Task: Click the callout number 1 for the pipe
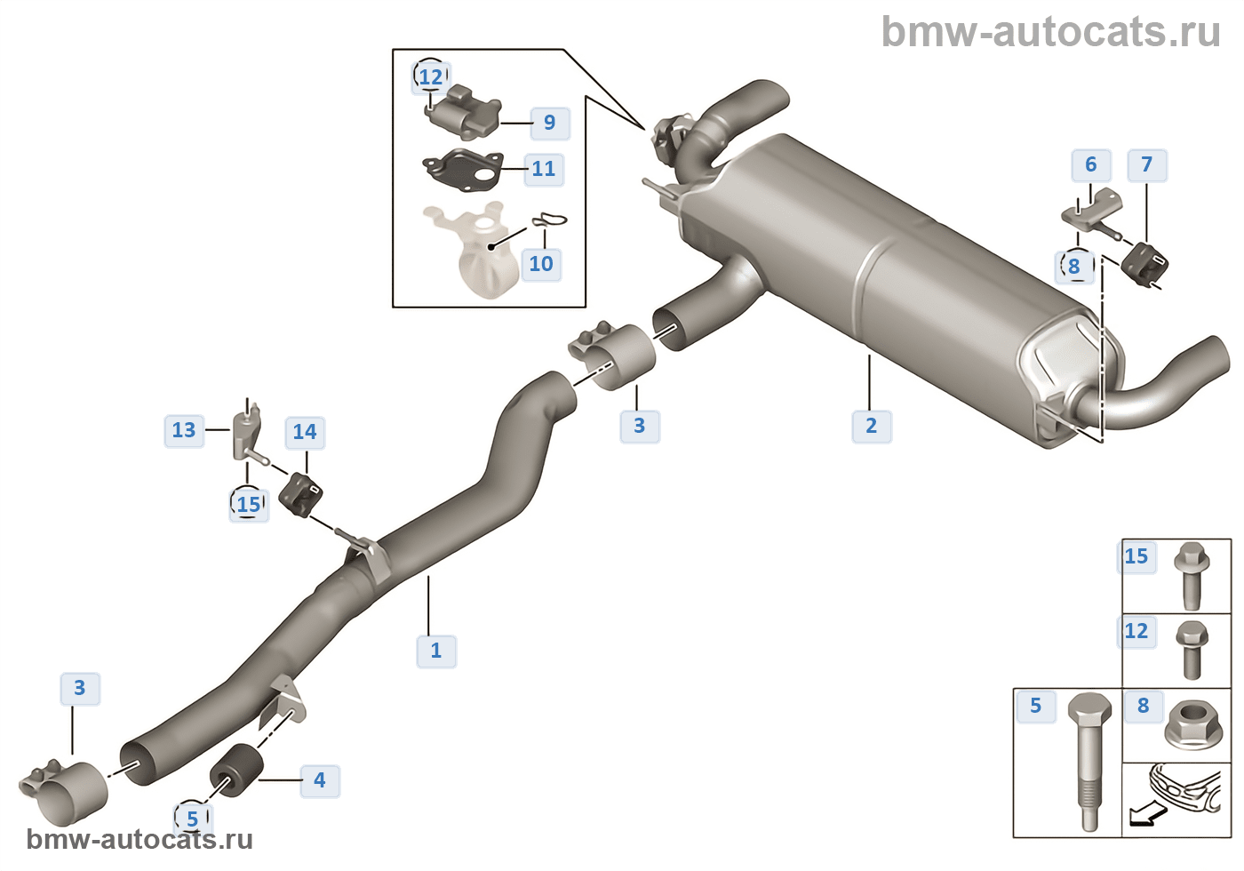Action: pos(436,651)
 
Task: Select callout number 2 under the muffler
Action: pos(872,426)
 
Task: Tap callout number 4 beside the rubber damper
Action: pos(320,780)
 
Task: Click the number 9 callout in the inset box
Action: pos(550,123)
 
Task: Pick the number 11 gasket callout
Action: pos(544,169)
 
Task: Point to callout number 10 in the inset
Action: pos(541,264)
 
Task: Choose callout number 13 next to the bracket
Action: pos(184,430)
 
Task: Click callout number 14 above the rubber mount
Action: pos(305,432)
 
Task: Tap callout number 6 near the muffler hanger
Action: pos(1091,164)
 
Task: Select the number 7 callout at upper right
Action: pos(1147,164)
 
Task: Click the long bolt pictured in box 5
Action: pos(1089,760)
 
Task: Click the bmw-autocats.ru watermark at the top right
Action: pos(1051,32)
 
